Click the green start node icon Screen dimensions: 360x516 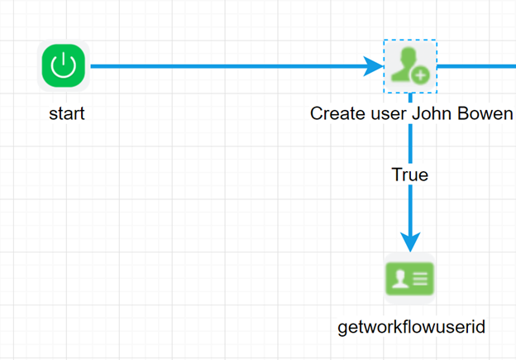64,66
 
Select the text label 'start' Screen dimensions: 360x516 66,113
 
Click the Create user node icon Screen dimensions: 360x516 410,66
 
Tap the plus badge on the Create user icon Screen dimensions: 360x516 421,75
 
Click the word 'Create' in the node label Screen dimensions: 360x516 336,113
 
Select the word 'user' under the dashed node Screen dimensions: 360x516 385,113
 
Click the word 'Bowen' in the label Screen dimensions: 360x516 487,113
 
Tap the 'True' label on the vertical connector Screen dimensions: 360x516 410,175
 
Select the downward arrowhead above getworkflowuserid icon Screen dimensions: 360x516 410,241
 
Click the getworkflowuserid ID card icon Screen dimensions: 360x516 410,279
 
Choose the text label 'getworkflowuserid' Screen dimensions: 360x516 411,327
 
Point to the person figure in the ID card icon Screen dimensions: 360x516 399,279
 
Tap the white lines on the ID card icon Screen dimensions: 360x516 419,279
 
